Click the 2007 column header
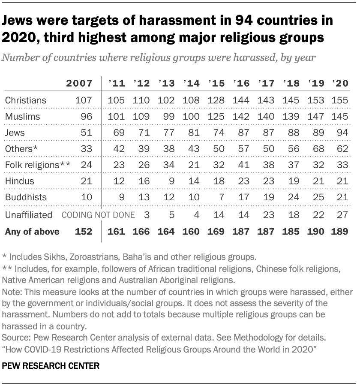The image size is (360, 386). point(79,84)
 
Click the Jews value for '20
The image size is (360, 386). point(342,133)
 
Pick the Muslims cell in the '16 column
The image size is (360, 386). point(241,117)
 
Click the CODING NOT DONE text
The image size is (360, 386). point(98,215)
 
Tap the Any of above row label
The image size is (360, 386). point(32,232)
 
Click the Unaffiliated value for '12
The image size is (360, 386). point(146,215)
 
